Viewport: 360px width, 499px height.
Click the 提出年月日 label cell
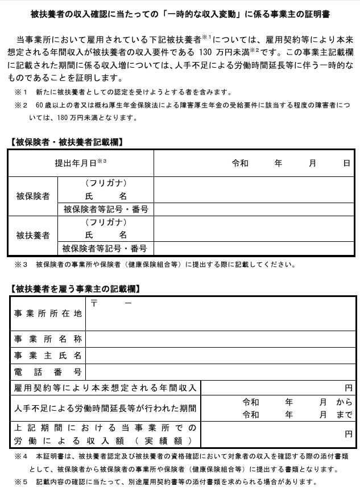80,163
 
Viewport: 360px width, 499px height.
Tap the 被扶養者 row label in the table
33,235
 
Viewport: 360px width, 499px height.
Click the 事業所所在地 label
48,314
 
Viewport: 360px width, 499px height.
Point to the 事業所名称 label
48,340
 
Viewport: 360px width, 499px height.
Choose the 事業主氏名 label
48,356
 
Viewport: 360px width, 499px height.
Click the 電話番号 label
48,373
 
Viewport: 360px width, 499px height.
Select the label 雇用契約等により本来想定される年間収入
106,388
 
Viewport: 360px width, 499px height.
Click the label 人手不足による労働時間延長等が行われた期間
106,409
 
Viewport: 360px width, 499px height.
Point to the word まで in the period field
345,415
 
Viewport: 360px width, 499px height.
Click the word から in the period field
345,402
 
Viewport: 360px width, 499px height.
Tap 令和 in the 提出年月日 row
240,163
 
